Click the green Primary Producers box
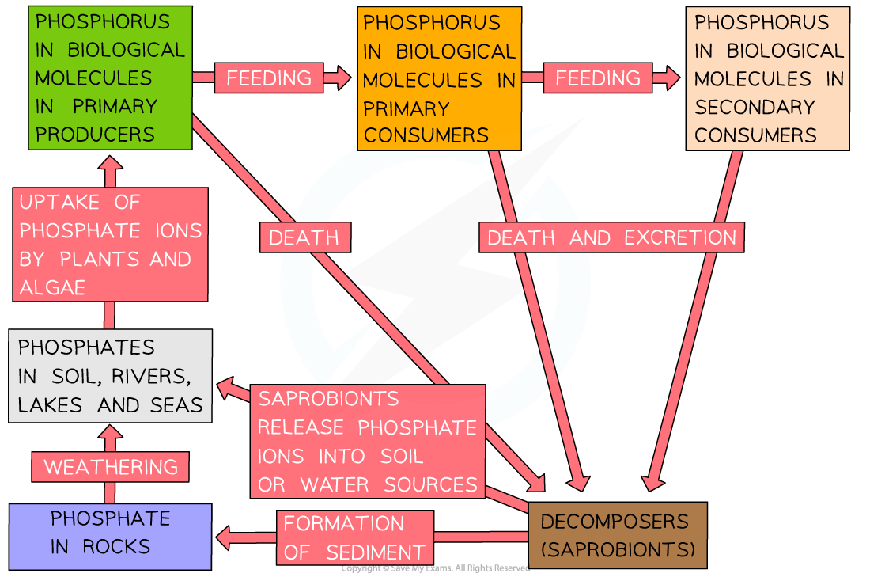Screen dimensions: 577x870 pos(110,78)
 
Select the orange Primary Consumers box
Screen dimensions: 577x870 pos(439,79)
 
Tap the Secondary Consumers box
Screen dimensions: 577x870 pos(767,78)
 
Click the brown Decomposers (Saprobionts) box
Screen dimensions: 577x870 pos(617,535)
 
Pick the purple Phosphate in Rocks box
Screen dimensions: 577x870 pos(110,536)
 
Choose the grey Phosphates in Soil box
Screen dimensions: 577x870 pos(111,376)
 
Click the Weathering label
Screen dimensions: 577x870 pos(111,467)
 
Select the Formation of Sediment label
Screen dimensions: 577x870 pos(354,537)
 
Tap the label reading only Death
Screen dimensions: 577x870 pos(304,237)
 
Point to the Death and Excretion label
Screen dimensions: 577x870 pos(611,237)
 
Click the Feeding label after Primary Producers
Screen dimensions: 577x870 pos(269,78)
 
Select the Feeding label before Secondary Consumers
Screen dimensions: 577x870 pos(598,78)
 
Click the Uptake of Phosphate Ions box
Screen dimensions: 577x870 pos(111,245)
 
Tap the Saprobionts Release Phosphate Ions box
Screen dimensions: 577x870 pos(368,441)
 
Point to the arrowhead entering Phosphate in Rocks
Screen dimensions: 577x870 pos(223,537)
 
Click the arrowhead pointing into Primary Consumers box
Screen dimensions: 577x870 pos(341,78)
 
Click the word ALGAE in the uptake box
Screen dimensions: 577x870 pos(52,287)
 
